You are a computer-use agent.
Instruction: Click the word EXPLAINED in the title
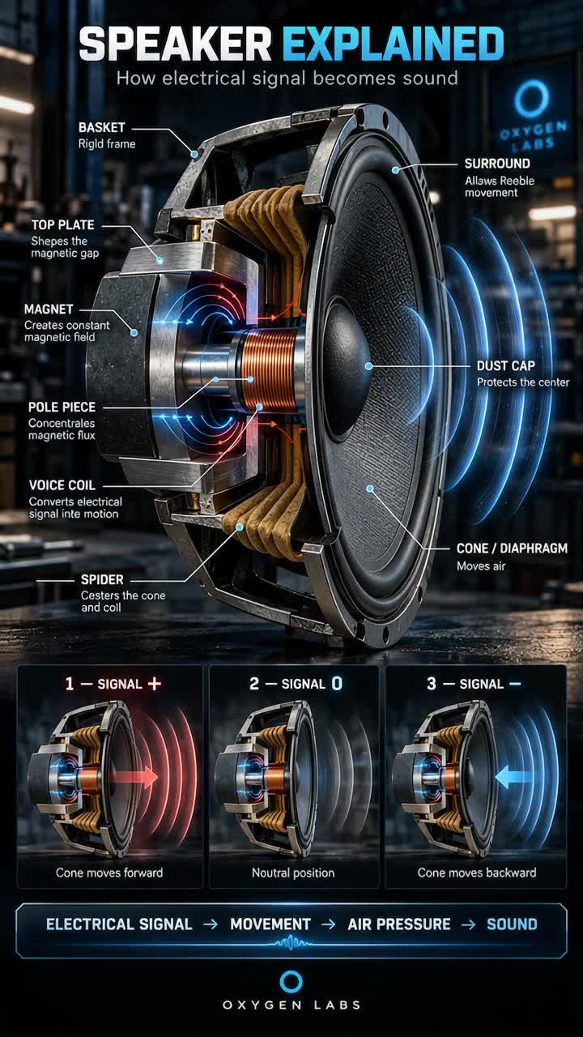pos(393,45)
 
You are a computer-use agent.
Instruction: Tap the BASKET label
pos(102,128)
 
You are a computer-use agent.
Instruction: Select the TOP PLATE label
pos(63,225)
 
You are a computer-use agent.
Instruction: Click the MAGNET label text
pos(49,309)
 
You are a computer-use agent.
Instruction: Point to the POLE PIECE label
pos(62,407)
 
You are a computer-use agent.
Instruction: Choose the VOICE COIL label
pos(62,485)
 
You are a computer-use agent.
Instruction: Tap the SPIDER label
pos(102,579)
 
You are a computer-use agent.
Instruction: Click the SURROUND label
pos(497,164)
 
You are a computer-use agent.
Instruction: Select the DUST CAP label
pos(506,365)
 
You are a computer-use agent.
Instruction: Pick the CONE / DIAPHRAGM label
pos(513,548)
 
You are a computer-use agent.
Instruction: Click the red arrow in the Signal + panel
pos(134,777)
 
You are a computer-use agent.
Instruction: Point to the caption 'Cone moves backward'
pos(477,873)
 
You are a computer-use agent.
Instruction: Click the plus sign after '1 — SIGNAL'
pos(154,684)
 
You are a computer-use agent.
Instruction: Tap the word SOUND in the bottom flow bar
pos(513,924)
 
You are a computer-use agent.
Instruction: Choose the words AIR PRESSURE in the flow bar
pos(399,924)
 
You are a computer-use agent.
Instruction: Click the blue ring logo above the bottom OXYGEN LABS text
pos(291,982)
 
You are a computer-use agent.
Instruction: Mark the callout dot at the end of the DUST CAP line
pos(368,366)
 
